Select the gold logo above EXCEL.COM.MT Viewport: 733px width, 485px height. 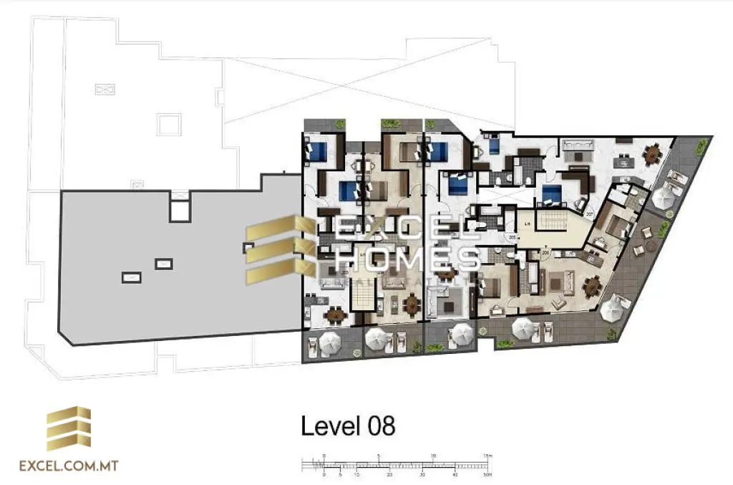pos(69,428)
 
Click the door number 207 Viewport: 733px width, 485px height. pos(590,214)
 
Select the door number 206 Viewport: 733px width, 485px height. pos(545,253)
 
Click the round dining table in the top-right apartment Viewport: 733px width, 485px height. pos(653,153)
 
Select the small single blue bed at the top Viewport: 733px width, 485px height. pos(495,147)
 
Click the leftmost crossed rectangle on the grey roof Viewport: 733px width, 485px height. pos(132,275)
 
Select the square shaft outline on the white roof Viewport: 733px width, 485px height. pos(169,124)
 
